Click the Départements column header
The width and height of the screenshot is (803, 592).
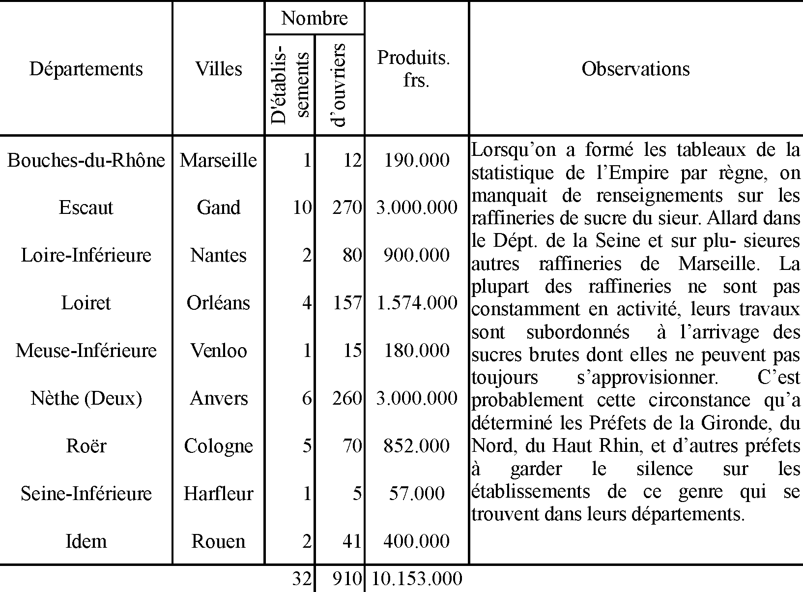(86, 69)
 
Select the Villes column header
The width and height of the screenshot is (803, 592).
(219, 69)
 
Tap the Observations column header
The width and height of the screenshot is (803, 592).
(635, 69)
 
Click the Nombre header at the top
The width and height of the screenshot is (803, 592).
(315, 19)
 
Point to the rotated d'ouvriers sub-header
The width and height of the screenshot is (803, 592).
(340, 85)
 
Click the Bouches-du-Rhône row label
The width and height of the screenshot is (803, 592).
(86, 160)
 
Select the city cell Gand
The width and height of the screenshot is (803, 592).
(219, 207)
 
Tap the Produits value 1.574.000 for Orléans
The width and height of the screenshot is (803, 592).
(417, 303)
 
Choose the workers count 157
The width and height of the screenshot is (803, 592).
(347, 303)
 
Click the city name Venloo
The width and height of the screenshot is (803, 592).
(219, 351)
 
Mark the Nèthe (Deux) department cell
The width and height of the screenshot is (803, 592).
(86, 398)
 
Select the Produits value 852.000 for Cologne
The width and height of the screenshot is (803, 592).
(417, 446)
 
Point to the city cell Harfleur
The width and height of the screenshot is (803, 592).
(219, 494)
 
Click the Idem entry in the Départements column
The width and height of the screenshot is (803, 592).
(86, 541)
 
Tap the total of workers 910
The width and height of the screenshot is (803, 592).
(347, 579)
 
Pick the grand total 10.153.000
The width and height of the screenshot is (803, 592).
(417, 579)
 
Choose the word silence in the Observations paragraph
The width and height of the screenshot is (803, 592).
(664, 469)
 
